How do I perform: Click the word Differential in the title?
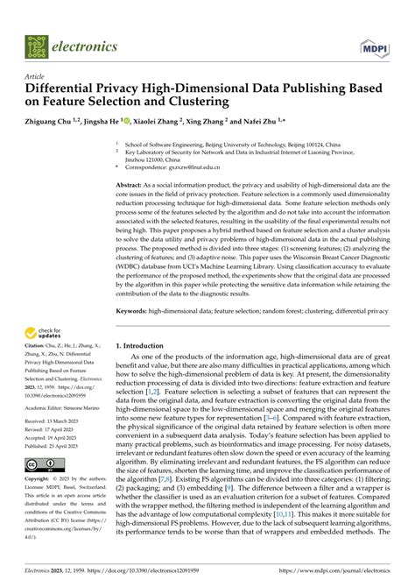coord(64,89)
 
